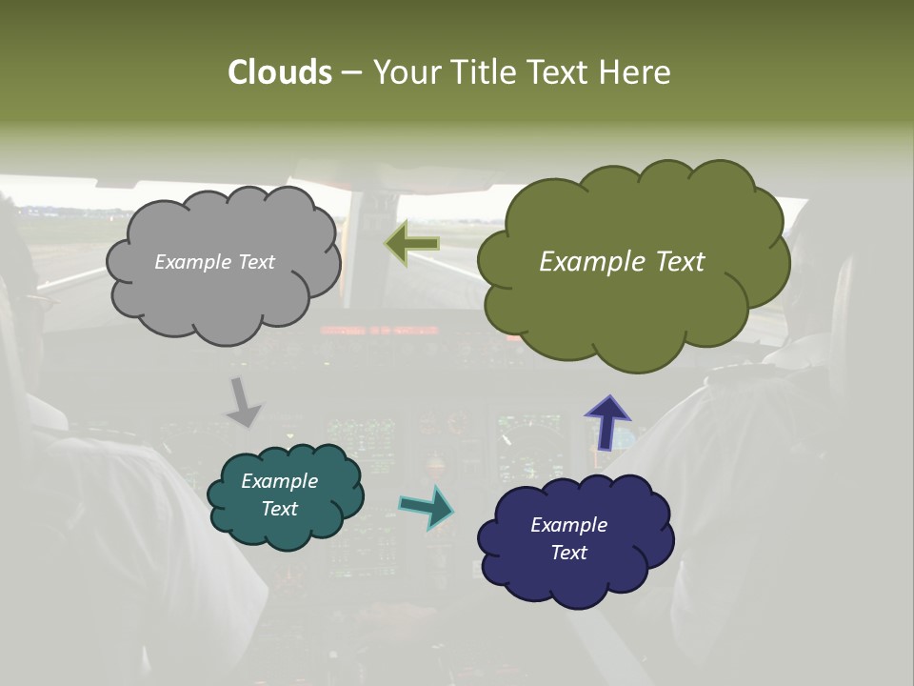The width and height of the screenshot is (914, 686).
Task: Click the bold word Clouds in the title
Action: click(280, 72)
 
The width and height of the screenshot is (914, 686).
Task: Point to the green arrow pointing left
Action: click(412, 244)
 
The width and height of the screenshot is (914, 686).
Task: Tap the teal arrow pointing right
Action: click(427, 506)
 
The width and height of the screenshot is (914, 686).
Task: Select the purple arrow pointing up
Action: click(606, 420)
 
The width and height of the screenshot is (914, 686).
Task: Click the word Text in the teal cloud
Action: click(280, 509)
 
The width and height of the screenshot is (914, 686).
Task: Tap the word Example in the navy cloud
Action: click(568, 525)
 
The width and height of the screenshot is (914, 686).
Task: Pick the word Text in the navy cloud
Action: click(568, 553)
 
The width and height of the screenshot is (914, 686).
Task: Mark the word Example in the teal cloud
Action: click(280, 482)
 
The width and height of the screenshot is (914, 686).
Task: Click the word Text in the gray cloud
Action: click(255, 262)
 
